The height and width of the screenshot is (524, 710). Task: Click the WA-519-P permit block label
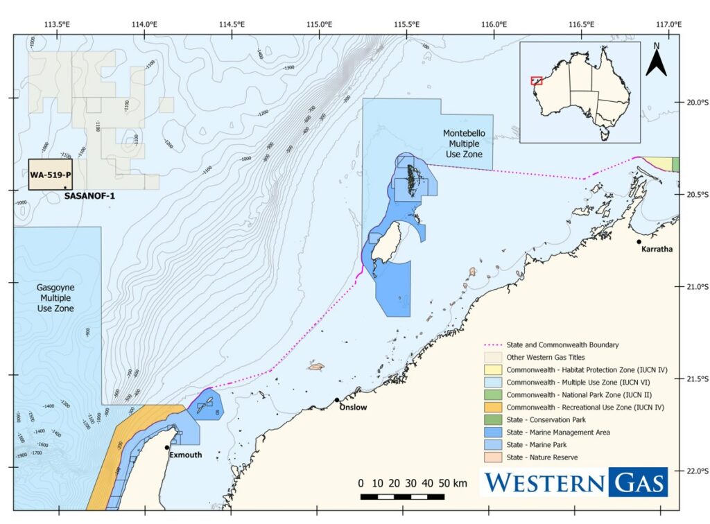tap(51, 175)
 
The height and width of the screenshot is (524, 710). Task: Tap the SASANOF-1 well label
tap(89, 196)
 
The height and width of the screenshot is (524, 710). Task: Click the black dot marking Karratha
tap(639, 242)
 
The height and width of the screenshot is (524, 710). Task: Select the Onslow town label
tap(353, 408)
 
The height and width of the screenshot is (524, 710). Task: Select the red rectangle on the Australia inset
tap(536, 80)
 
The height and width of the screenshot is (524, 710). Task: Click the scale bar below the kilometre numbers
tap(402, 496)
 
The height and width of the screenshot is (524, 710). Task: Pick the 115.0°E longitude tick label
tap(320, 25)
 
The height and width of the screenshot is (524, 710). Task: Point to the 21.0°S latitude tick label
tap(694, 287)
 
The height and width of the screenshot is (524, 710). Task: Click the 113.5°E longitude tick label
tap(58, 25)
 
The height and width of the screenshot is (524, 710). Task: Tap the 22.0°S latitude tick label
tap(694, 471)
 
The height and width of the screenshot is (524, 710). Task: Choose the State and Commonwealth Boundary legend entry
tap(551, 344)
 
